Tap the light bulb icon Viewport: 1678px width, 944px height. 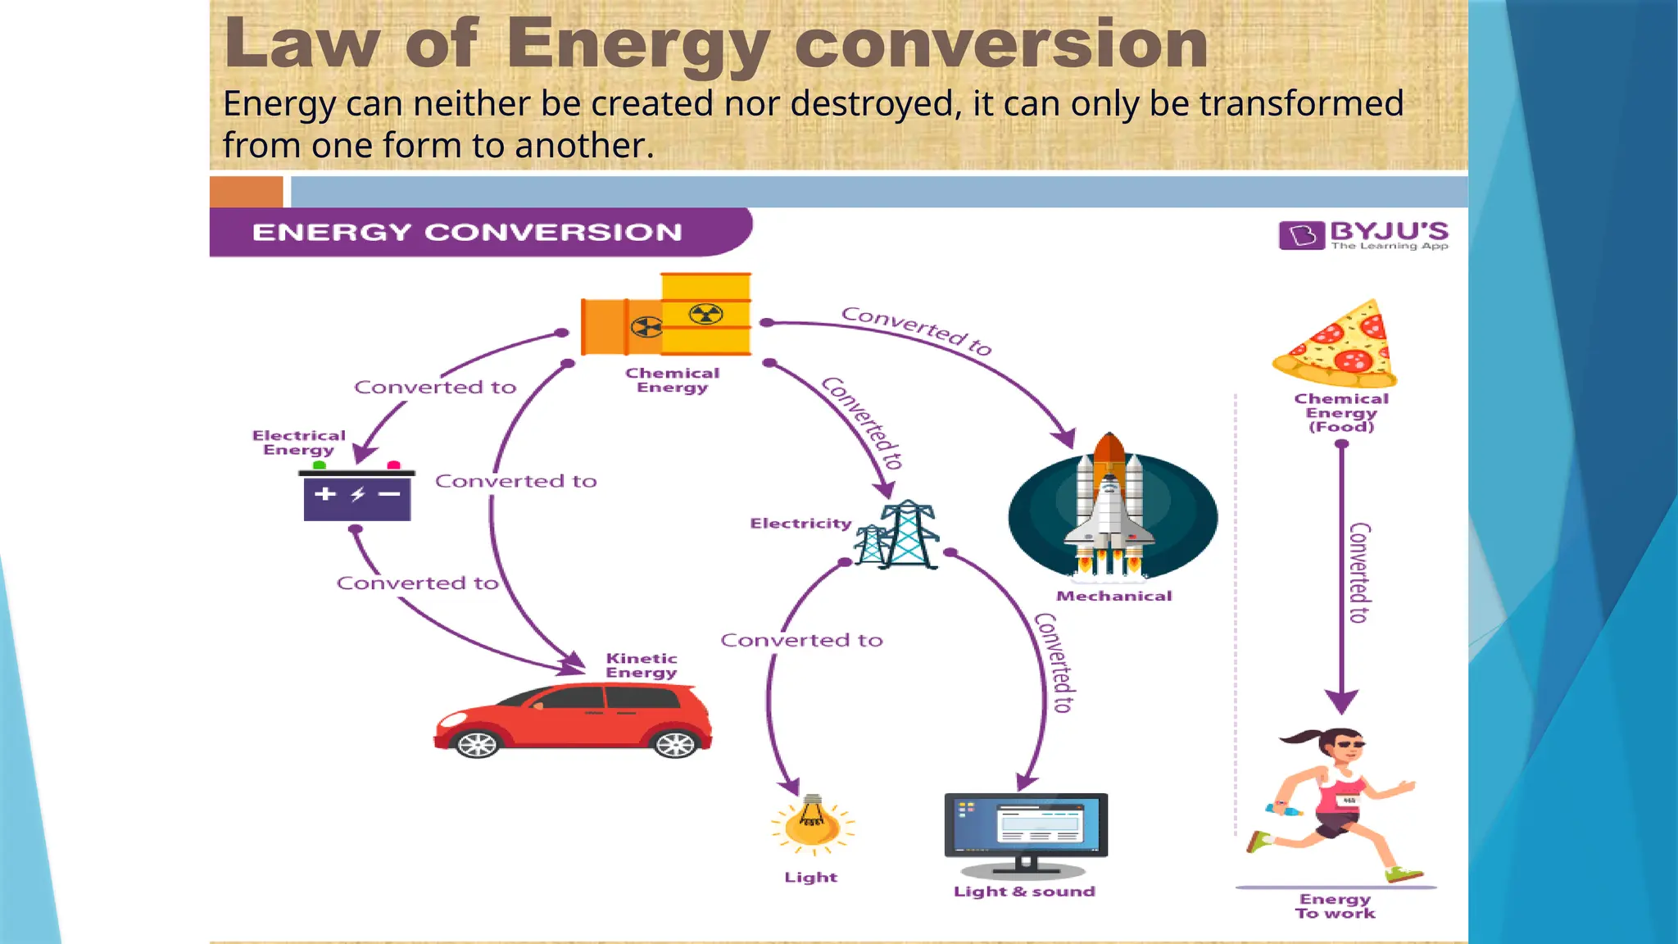(x=812, y=824)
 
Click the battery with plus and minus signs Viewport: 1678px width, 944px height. (x=357, y=495)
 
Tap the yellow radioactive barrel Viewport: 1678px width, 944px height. (x=705, y=313)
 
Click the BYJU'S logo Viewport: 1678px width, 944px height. (x=1363, y=234)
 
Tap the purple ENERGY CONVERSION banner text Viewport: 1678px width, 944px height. (x=467, y=233)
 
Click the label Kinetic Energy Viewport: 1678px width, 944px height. (x=642, y=665)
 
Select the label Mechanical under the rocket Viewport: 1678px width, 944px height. (x=1113, y=597)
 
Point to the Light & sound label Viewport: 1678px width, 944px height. (x=1024, y=892)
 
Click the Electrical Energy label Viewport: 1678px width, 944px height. (x=298, y=442)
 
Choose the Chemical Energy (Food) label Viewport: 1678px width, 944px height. (x=1341, y=412)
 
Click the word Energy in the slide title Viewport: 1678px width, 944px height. (x=639, y=45)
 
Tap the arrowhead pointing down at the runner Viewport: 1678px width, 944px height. (x=1341, y=701)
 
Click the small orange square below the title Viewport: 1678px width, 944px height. (x=246, y=192)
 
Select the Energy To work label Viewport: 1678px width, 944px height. (x=1335, y=906)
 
